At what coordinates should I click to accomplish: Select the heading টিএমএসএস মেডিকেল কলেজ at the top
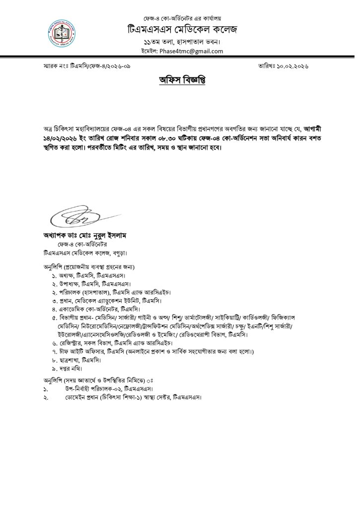click(x=181, y=29)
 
